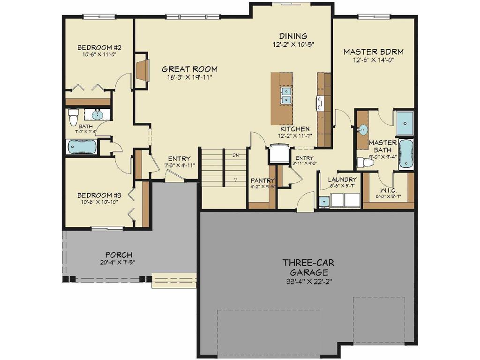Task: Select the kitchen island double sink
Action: click(x=286, y=95)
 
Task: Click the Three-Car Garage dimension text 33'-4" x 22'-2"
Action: click(x=308, y=282)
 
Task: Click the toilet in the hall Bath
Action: click(x=73, y=117)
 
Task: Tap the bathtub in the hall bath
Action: click(x=82, y=148)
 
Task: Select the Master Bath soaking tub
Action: click(x=405, y=154)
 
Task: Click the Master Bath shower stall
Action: click(x=404, y=123)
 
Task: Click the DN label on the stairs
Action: click(x=236, y=155)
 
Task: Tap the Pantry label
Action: click(x=262, y=180)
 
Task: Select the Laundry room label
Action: click(x=342, y=180)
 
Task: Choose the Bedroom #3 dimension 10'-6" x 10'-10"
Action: click(x=99, y=202)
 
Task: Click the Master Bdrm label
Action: click(x=373, y=52)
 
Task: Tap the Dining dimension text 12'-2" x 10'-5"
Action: click(x=293, y=45)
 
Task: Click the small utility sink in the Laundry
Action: click(x=323, y=202)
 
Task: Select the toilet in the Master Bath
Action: click(x=365, y=163)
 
